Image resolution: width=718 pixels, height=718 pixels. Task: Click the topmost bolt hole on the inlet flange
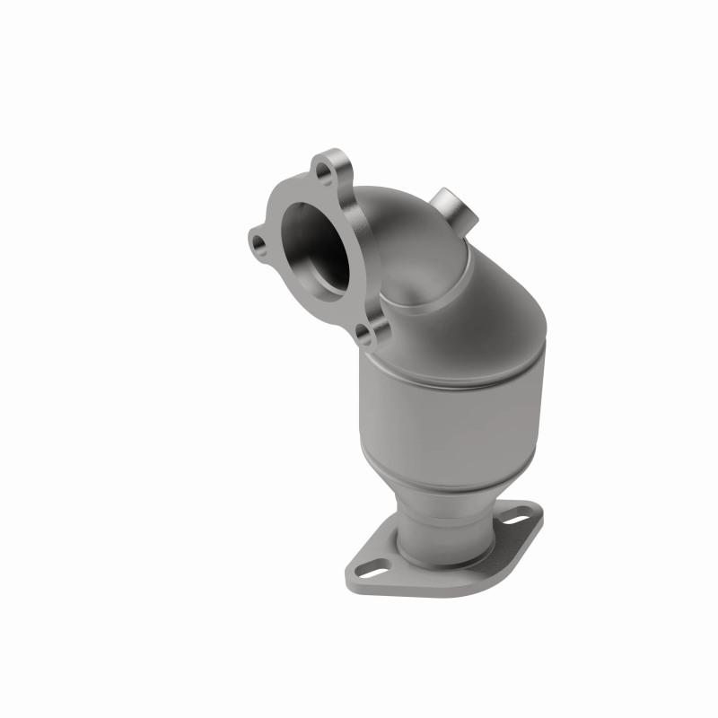click(x=324, y=169)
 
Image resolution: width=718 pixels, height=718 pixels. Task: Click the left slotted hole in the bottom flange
click(x=375, y=567)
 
